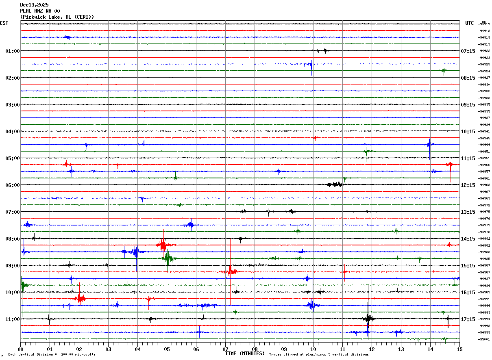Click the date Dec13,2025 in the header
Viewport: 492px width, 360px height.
(34, 5)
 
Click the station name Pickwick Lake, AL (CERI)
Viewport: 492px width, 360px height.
(57, 17)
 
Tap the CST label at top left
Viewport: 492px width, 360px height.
(4, 23)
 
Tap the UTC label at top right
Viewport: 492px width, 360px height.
(470, 23)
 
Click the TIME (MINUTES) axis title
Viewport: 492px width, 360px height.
(245, 353)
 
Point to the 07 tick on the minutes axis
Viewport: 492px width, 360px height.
(225, 349)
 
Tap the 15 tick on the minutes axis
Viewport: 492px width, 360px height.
(459, 349)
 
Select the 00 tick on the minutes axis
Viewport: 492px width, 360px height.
(21, 349)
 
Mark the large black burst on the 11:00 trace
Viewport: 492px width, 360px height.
(368, 319)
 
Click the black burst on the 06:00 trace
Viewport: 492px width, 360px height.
(335, 184)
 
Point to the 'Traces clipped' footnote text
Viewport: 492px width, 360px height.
(319, 355)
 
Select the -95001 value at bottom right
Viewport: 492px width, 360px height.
(484, 339)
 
